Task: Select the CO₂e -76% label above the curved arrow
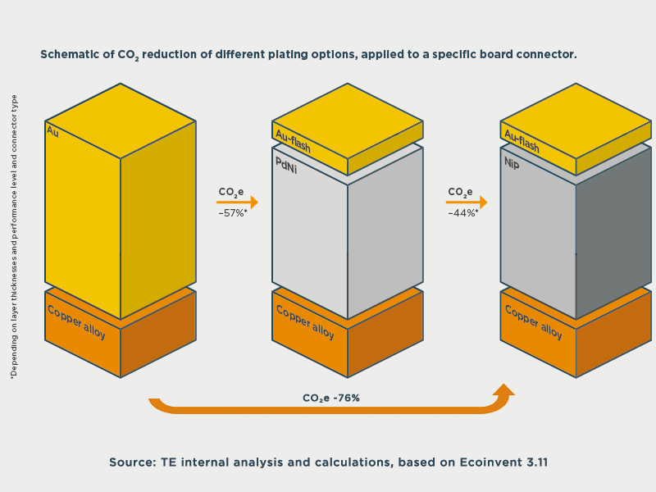coord(331,398)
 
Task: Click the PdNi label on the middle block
coord(286,166)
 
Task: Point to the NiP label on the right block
coord(512,162)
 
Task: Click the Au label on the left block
coord(52,131)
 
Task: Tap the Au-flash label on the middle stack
coord(293,141)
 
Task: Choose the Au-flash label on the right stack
coord(522,141)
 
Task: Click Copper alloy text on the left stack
coord(76,322)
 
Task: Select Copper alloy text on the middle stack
coord(305,322)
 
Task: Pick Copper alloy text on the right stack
coord(534,322)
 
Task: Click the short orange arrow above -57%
coord(237,203)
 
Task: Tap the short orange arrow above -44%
coord(467,203)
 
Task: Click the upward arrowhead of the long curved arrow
coord(503,389)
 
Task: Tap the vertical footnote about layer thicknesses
coord(14,237)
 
